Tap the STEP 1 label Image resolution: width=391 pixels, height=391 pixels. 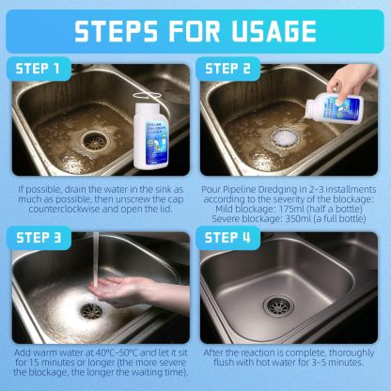point(43,69)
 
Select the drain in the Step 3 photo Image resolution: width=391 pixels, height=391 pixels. point(90,309)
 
